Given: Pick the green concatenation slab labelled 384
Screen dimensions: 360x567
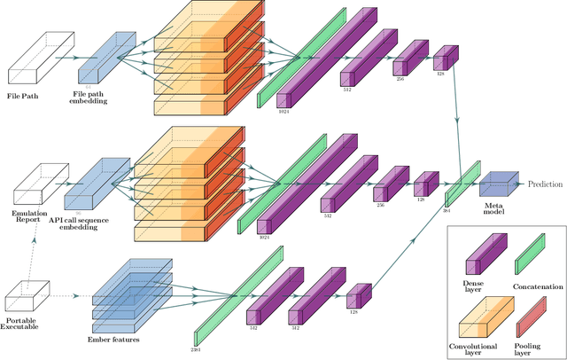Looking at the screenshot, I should [x=462, y=184].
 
